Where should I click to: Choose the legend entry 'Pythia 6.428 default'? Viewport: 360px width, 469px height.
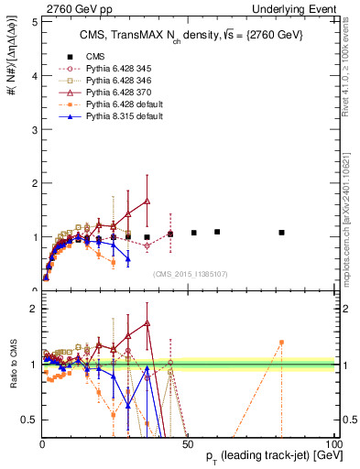115,106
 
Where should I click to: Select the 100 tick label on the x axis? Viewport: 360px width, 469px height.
333,442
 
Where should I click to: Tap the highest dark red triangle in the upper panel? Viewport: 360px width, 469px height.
147,201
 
